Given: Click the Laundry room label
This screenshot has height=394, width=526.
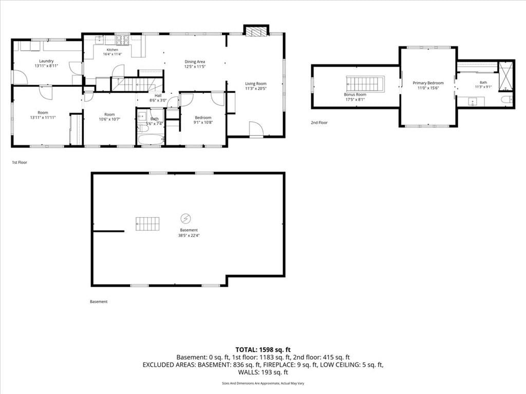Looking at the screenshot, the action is [46, 61].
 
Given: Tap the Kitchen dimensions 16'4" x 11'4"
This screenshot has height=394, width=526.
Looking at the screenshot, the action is [112, 54].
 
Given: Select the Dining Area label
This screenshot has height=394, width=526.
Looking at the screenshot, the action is [195, 62].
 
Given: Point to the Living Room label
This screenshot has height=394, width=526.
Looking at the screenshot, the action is [256, 84].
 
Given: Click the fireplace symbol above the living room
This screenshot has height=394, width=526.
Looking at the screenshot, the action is [256, 31].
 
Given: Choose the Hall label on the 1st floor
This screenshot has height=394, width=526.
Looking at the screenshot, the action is [158, 95].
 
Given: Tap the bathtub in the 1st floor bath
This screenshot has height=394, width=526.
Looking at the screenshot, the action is [151, 140].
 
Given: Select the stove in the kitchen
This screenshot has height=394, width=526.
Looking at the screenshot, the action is [122, 40].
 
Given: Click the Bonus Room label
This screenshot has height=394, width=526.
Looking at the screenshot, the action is [355, 94].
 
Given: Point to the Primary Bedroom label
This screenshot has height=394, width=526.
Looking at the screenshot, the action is [428, 83].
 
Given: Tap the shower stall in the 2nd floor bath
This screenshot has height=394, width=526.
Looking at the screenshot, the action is [506, 76].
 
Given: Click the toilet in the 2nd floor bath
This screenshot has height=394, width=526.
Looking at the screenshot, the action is [506, 100].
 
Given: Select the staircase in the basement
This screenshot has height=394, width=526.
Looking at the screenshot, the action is [147, 224].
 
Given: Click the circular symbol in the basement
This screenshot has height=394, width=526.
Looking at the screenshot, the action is [185, 219].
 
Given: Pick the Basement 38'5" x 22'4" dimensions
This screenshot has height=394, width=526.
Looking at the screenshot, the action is [189, 235].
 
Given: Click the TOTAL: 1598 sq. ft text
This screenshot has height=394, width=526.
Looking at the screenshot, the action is [263, 350].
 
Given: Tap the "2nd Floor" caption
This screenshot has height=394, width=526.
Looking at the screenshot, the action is [319, 123].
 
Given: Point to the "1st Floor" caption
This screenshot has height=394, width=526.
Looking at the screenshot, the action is [20, 163].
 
